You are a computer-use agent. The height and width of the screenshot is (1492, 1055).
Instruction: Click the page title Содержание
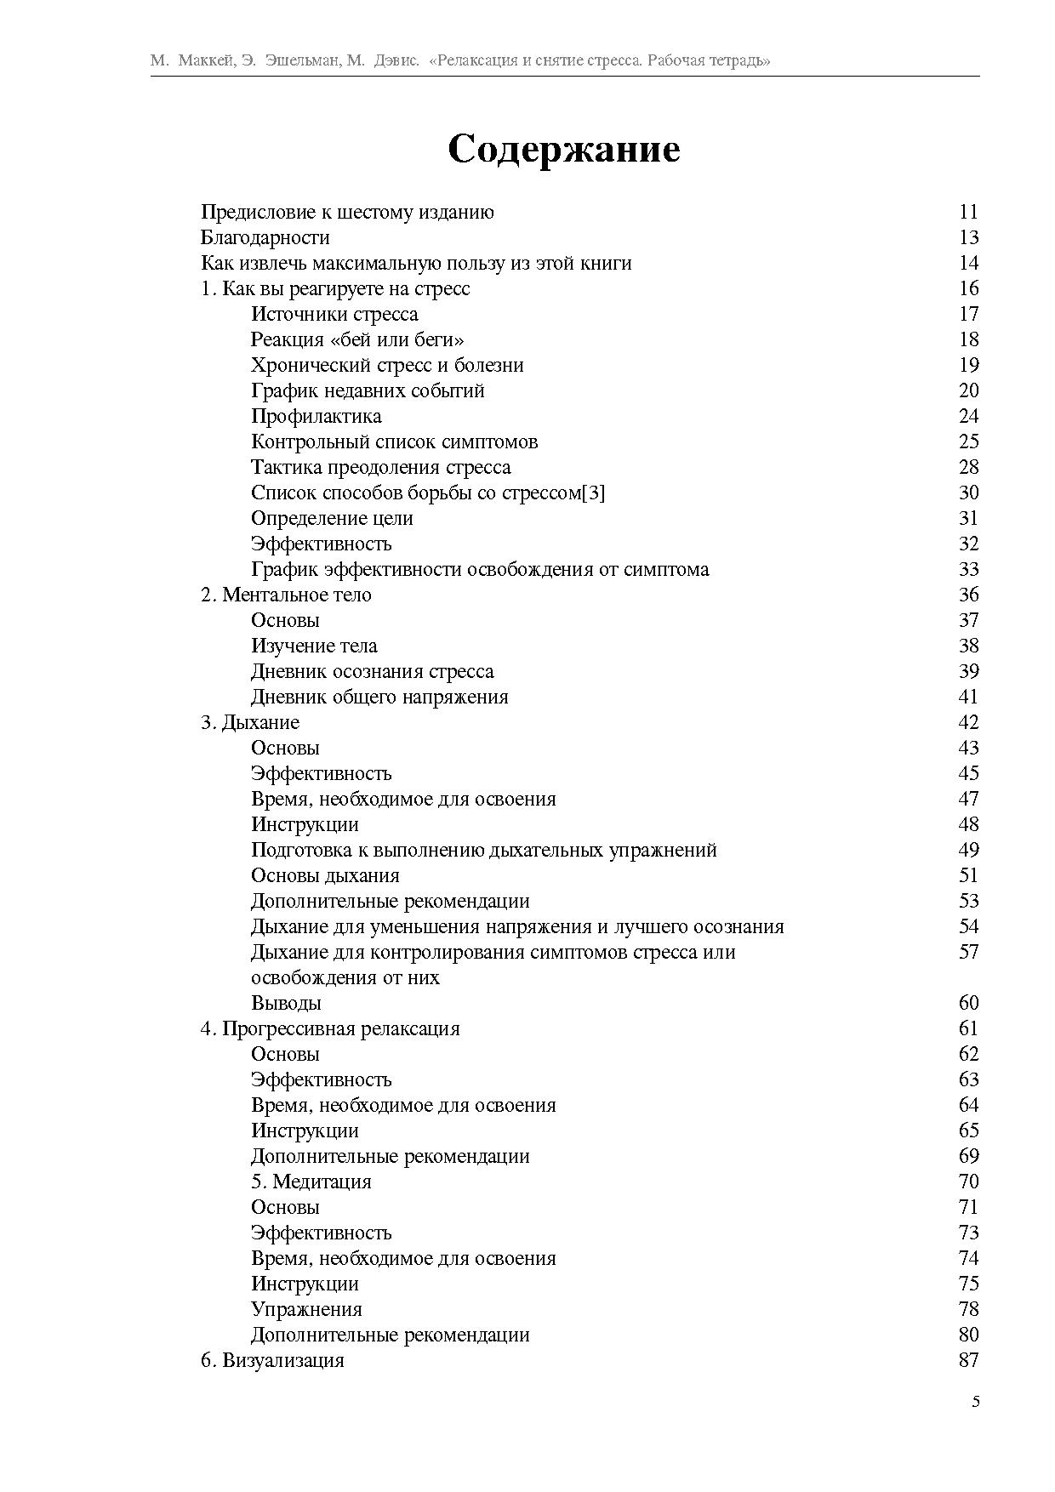tap(563, 150)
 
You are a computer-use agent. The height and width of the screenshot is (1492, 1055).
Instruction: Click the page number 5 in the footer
tap(975, 1403)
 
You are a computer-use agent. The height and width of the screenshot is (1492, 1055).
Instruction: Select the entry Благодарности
tap(265, 238)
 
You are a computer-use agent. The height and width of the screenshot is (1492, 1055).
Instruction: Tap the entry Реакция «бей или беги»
tap(357, 340)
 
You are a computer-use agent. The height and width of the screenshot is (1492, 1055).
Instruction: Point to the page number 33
tap(968, 570)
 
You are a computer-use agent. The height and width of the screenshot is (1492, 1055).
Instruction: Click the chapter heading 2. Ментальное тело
tap(286, 595)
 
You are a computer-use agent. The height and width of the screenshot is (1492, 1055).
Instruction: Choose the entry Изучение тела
tap(314, 646)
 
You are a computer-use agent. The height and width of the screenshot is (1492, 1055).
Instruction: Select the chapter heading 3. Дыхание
tap(250, 723)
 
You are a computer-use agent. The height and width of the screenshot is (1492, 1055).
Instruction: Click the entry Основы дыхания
tap(325, 876)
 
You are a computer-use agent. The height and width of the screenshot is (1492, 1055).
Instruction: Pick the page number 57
tap(968, 953)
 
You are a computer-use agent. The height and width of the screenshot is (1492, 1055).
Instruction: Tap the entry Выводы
tap(286, 1004)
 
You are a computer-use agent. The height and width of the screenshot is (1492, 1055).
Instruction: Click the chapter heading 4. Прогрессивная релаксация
tap(330, 1029)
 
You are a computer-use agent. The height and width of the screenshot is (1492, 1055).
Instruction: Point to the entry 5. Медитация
tap(311, 1182)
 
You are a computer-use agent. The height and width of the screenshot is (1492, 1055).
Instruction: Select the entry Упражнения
tap(306, 1310)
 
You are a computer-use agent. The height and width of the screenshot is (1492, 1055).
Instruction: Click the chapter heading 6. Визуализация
tap(272, 1361)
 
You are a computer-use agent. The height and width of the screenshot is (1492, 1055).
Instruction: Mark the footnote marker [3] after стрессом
tap(593, 493)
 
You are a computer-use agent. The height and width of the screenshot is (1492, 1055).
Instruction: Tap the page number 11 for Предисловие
tap(968, 213)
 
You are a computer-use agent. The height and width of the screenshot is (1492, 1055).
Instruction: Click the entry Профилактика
tap(316, 417)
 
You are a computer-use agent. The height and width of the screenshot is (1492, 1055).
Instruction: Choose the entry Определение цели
tap(332, 519)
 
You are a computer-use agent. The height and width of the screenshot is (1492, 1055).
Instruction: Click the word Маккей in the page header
tap(205, 61)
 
